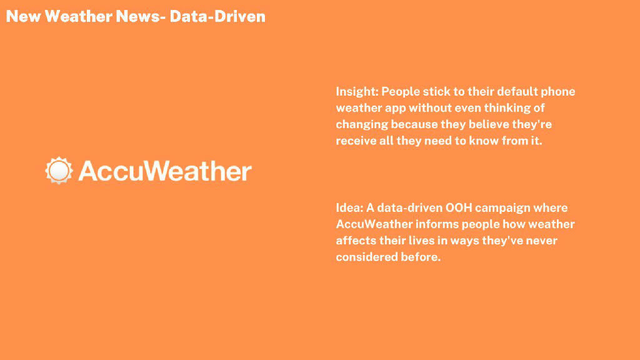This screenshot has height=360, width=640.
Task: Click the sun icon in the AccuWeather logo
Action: coord(59,170)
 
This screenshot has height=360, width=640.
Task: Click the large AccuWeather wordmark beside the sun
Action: coord(165,171)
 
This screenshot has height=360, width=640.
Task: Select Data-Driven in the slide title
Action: coord(217,16)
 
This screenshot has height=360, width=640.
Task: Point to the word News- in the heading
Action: coord(141,16)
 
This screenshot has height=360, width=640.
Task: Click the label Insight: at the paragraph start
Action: coord(357,92)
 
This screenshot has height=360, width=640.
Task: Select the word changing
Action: coord(362,124)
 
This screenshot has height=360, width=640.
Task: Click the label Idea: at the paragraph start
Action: coord(349,207)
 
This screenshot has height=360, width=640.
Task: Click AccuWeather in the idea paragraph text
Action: coord(374,224)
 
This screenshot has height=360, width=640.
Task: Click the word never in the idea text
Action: coord(542,241)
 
